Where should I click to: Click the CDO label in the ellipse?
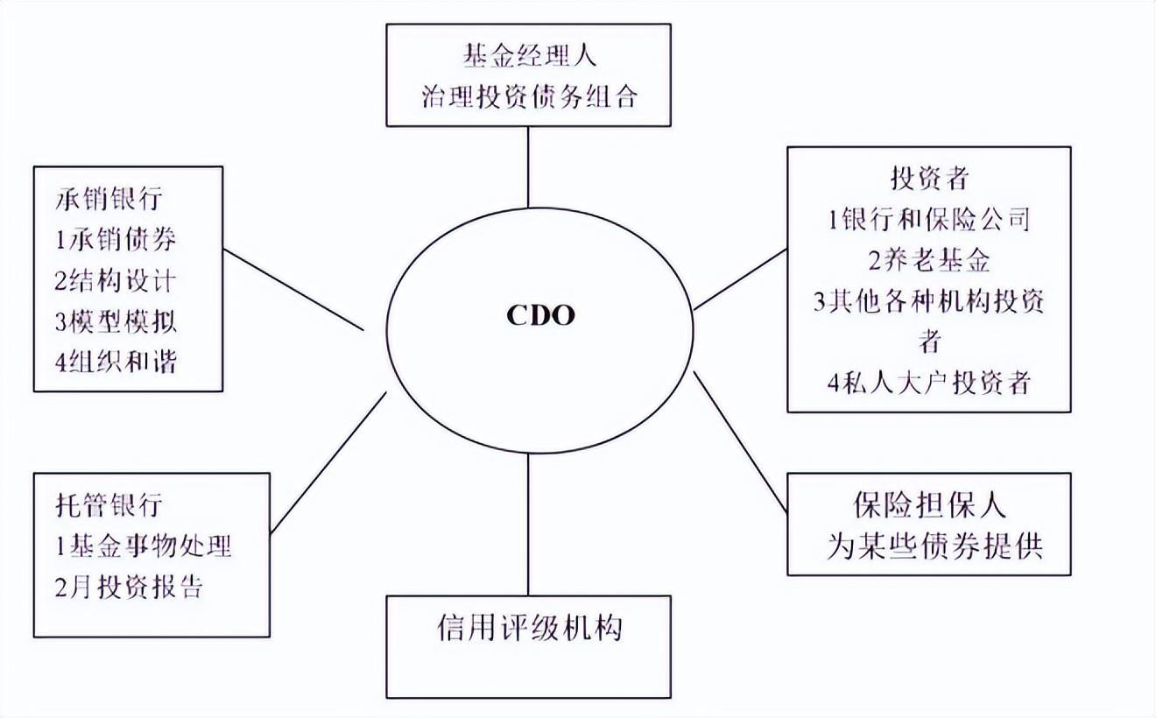[x=540, y=315]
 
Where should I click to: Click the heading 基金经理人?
[x=530, y=55]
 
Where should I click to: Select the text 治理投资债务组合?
[x=530, y=96]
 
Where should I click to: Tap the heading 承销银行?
[x=109, y=199]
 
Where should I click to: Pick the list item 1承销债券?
[x=116, y=239]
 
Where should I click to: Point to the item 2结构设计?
[x=116, y=280]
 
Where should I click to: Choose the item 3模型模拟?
[x=116, y=321]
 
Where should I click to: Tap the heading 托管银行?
[x=109, y=505]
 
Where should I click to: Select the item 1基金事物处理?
[x=144, y=546]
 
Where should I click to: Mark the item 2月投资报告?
[x=129, y=587]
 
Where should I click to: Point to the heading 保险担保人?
[x=930, y=504]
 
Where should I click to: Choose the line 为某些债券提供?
[x=935, y=546]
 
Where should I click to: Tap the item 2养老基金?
[x=929, y=260]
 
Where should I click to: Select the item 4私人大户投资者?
[x=929, y=383]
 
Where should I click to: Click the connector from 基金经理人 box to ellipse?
[x=528, y=167]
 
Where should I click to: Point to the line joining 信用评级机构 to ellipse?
[x=528, y=524]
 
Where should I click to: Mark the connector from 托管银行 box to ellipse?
[x=328, y=463]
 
